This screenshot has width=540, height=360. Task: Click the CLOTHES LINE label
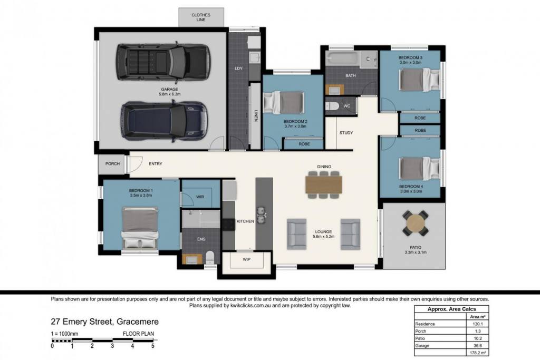(201, 17)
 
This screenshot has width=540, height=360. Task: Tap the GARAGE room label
(169, 89)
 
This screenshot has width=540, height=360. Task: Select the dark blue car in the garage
(165, 121)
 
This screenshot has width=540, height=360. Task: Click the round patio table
(416, 223)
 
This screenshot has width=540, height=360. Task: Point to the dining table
(324, 185)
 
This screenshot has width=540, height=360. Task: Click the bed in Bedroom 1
(140, 228)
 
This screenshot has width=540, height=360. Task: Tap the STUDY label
(346, 133)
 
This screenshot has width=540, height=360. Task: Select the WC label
(347, 106)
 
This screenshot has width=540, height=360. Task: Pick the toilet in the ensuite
(210, 257)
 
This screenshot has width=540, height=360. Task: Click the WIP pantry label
(247, 259)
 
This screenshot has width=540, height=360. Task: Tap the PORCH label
(113, 164)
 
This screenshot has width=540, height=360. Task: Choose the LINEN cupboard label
(256, 115)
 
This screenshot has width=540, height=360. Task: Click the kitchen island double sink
(261, 214)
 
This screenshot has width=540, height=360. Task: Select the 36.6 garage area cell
(477, 346)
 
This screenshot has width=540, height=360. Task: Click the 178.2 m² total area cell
(477, 353)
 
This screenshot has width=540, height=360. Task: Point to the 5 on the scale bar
(153, 346)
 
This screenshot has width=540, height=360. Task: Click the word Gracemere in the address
(138, 322)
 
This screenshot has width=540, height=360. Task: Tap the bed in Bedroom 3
(420, 80)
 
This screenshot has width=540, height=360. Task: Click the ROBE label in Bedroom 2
(304, 144)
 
